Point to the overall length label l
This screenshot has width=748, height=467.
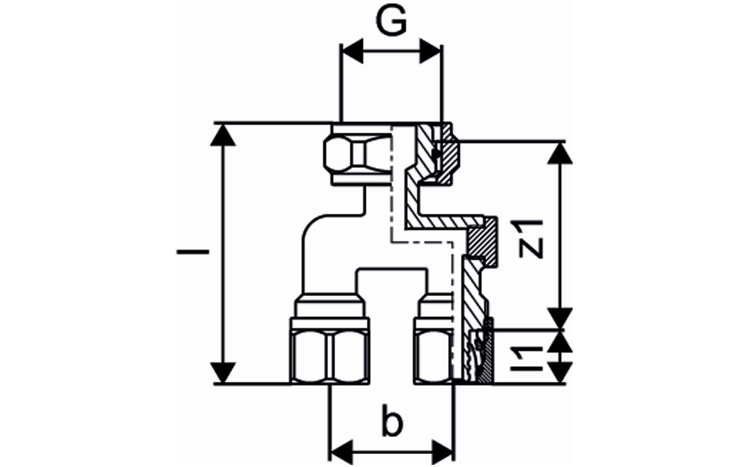point(192,252)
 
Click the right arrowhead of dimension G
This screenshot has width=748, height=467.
point(431,51)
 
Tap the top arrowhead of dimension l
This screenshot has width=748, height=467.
point(224,136)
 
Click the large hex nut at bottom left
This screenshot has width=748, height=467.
point(330,358)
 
